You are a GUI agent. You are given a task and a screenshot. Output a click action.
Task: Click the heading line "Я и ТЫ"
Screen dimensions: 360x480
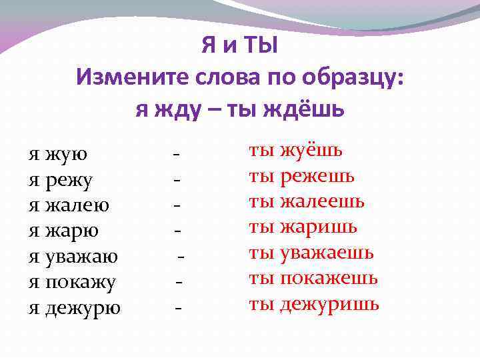[239, 47]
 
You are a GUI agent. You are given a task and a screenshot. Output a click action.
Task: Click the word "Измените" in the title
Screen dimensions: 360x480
[133, 77]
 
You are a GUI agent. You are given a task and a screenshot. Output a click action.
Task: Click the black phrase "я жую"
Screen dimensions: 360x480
[58, 155]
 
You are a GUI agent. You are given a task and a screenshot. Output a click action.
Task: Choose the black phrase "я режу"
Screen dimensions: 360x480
[61, 180]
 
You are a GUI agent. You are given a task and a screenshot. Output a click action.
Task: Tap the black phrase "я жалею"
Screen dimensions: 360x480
[69, 205]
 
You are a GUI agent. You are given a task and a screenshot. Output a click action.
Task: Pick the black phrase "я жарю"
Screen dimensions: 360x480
[63, 231]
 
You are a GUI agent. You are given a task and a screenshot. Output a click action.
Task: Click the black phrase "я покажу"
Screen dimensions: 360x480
[72, 282]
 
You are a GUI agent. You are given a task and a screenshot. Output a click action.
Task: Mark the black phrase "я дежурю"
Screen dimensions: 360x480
[75, 307]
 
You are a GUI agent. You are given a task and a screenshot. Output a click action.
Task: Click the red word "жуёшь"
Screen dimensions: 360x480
[311, 151]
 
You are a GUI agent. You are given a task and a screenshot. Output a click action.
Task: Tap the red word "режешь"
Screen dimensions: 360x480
[317, 176]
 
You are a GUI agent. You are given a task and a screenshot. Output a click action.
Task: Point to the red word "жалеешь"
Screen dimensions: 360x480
[323, 201]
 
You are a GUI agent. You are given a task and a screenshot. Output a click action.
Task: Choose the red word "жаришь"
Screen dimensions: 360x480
[319, 227]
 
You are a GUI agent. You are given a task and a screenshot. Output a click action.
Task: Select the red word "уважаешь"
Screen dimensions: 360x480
[327, 253]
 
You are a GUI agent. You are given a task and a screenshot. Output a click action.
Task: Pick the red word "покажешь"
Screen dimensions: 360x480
[329, 278]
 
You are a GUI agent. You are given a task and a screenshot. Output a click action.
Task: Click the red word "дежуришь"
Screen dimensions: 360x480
[329, 304]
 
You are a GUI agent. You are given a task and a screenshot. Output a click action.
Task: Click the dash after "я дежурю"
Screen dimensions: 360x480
[178, 307]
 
